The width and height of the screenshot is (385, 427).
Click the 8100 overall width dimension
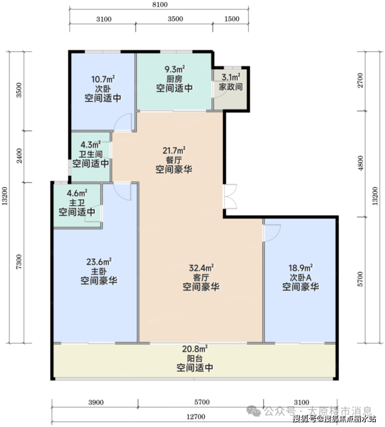pyautogui.click(x=160, y=4)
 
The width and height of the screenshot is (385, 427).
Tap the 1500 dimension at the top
pyautogui.click(x=232, y=19)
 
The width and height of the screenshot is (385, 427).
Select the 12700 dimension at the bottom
pyautogui.click(x=196, y=417)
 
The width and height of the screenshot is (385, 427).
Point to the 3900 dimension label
pyautogui.click(x=96, y=402)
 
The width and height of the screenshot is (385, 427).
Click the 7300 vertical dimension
pyautogui.click(x=19, y=262)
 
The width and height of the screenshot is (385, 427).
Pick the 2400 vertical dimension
pyautogui.click(x=19, y=156)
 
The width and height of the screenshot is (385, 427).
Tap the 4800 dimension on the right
pyautogui.click(x=360, y=163)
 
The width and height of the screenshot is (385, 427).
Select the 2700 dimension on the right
pyautogui.click(x=360, y=80)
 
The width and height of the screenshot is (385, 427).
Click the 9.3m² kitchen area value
pyautogui.click(x=175, y=69)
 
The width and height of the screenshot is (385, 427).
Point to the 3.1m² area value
pyautogui.click(x=230, y=77)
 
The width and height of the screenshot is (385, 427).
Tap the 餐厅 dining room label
pyautogui.click(x=174, y=160)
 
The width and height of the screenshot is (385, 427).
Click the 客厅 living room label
pyautogui.click(x=201, y=278)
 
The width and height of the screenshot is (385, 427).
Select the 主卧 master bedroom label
pyautogui.click(x=99, y=271)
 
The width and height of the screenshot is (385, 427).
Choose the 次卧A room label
pyautogui.click(x=301, y=278)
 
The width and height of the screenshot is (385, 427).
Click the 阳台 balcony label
pyautogui.click(x=195, y=359)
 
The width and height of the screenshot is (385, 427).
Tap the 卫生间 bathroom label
pyautogui.click(x=91, y=154)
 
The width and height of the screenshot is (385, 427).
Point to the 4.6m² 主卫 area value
pyautogui.click(x=78, y=193)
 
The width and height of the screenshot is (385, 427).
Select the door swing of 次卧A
pyautogui.click(x=272, y=233)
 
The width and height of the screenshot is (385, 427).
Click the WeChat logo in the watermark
pyautogui.click(x=253, y=411)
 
